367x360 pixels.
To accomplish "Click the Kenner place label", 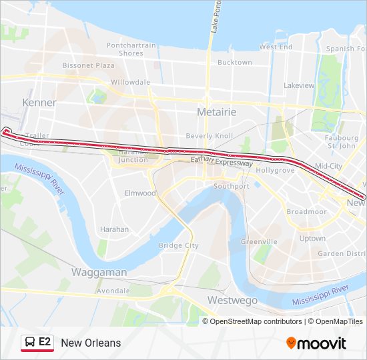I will click(x=39, y=103).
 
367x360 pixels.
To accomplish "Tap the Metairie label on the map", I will click(x=216, y=112).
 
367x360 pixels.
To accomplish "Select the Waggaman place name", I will click(x=99, y=272).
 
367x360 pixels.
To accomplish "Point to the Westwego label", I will click(x=232, y=300).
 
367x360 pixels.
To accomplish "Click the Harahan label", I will click(x=114, y=229).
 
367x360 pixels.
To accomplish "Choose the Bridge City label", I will click(x=179, y=245).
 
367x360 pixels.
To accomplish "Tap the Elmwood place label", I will click(x=140, y=193).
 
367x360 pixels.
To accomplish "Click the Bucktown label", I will click(x=235, y=63).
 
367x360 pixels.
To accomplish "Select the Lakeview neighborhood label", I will click(x=298, y=85).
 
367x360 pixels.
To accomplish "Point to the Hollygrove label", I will click(x=275, y=171).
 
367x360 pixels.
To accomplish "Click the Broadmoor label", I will click(x=306, y=211).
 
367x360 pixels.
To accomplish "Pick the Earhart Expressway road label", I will click(x=222, y=162).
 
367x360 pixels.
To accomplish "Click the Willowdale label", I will click(x=129, y=82).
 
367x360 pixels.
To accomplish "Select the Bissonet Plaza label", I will click(x=88, y=65).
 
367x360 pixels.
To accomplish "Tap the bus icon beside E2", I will click(x=30, y=343).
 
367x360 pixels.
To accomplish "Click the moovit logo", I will click(x=316, y=343).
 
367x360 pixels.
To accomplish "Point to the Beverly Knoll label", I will click(x=209, y=135).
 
